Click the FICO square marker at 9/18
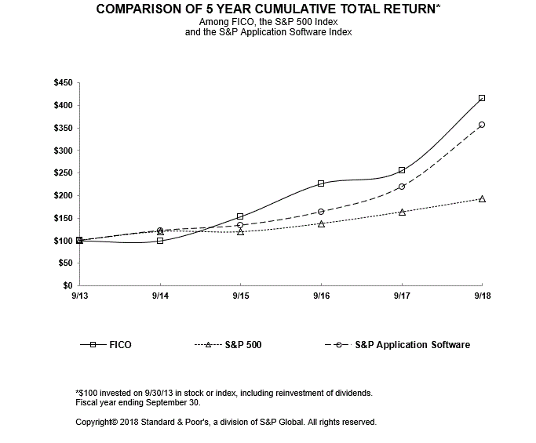point(481,98)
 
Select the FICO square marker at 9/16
point(321,183)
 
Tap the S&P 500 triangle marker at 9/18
point(481,199)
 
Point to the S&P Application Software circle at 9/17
point(402,187)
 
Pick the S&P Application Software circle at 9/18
point(481,125)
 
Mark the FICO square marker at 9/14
point(160,241)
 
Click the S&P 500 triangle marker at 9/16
point(321,223)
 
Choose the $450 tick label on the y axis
point(61,83)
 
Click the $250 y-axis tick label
point(61,173)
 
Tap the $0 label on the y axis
point(67,285)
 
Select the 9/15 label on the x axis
point(240,296)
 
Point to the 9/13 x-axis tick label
point(79,296)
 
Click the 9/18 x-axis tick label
point(481,296)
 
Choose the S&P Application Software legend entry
point(411,345)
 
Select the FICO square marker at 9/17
point(402,170)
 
